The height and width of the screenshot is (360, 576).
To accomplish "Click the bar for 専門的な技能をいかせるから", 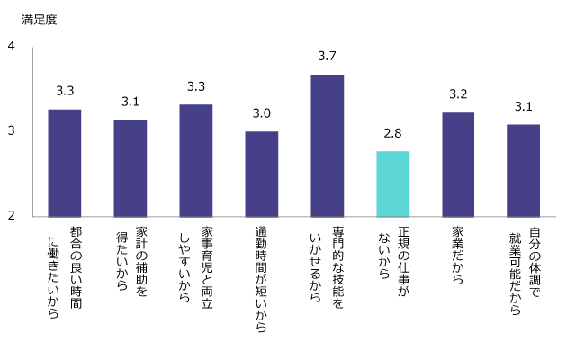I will pyautogui.click(x=327, y=145).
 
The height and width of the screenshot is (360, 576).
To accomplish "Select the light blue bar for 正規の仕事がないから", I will pyautogui.click(x=392, y=184).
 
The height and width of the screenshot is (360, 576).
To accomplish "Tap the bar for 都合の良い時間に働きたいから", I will pyautogui.click(x=64, y=163).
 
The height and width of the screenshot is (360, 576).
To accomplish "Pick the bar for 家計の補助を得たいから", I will pyautogui.click(x=130, y=167).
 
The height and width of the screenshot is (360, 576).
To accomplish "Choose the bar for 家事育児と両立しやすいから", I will pyautogui.click(x=196, y=160).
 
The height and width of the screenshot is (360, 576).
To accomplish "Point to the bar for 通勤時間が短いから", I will pyautogui.click(x=262, y=174).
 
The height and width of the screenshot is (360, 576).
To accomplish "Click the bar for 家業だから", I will pyautogui.click(x=458, y=165).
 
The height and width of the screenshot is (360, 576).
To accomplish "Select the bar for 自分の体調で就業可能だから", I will pyautogui.click(x=523, y=170).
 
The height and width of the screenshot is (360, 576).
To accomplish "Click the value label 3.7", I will pyautogui.click(x=327, y=57).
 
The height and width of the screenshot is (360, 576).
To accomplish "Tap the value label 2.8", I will pyautogui.click(x=392, y=133).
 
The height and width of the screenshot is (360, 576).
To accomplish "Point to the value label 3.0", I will pyautogui.click(x=262, y=113).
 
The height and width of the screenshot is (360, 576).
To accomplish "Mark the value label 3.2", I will pyautogui.click(x=458, y=94).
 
